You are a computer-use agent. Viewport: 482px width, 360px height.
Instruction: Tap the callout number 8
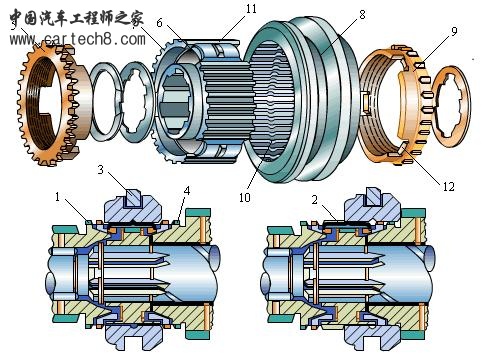(332, 15)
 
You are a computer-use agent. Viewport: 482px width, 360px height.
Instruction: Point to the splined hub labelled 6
(195, 100)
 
